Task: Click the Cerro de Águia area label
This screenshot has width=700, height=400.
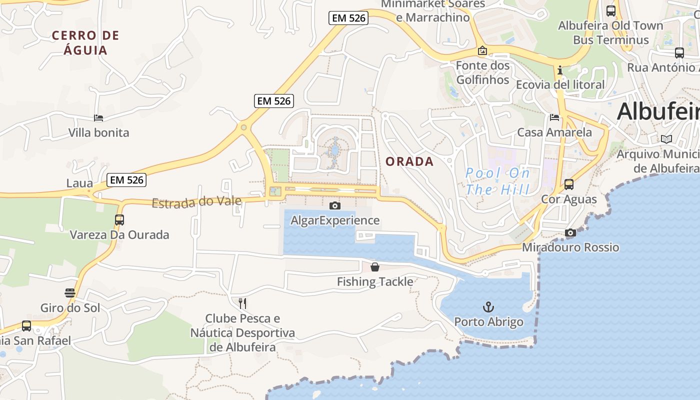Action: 85,42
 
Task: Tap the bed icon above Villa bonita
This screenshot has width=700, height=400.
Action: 98,118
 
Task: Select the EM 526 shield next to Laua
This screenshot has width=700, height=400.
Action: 126,180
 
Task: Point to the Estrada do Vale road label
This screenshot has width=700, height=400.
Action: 196,202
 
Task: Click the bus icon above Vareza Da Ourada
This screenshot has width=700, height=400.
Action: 119,219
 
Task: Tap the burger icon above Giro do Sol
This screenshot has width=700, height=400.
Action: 70,292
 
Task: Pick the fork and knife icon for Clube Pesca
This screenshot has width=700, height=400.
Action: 242,303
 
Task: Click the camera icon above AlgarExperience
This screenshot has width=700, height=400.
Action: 335,205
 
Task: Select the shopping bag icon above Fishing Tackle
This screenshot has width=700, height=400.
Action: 375,267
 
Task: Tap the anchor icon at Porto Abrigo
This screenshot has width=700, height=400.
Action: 488,306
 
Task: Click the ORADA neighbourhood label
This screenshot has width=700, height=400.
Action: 409,161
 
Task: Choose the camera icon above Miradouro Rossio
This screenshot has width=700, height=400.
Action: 570,232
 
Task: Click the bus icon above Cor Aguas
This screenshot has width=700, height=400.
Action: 569,184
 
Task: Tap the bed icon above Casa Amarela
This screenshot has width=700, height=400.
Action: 554,117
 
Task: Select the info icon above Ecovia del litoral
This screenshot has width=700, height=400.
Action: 560,70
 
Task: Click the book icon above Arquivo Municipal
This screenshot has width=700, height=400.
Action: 666,139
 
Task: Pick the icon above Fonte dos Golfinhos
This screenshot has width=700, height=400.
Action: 482,50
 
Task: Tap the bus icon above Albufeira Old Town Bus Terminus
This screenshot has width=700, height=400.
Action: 610,10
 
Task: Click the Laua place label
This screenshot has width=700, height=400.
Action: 80,183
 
